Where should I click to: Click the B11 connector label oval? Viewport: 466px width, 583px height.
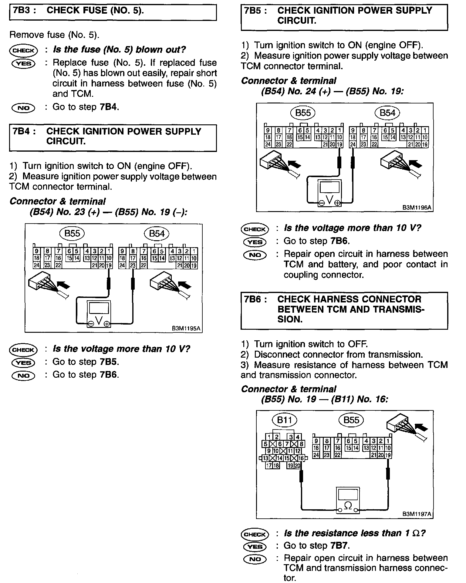[284, 420]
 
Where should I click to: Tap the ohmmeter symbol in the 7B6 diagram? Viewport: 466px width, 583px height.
[348, 505]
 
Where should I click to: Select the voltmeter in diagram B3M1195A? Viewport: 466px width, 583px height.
[99, 314]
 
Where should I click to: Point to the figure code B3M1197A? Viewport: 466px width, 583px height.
[417, 514]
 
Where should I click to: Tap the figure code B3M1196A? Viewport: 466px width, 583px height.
[417, 208]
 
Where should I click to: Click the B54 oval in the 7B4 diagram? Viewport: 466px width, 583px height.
[157, 234]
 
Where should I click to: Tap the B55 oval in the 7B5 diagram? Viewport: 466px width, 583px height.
[303, 113]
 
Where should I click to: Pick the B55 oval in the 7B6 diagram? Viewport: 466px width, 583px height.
[351, 420]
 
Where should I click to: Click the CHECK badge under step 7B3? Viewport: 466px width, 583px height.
[23, 50]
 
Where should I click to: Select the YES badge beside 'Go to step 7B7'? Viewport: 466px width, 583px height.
[255, 546]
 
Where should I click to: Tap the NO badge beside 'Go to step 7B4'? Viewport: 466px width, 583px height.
[23, 108]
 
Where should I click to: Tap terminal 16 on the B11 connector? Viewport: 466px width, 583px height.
[301, 458]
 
